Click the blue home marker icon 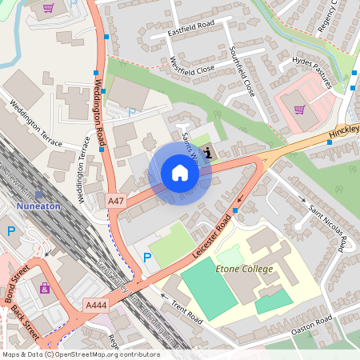(179, 173)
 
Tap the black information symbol (209, 153)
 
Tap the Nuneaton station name (38, 205)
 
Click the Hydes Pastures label (312, 71)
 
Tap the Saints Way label (190, 144)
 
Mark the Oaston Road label (324, 323)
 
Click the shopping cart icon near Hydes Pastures (299, 110)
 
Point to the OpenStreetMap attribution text (80, 354)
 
